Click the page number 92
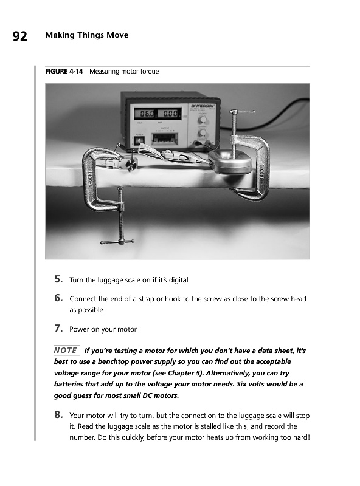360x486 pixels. (20, 36)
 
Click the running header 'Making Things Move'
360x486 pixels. (87, 35)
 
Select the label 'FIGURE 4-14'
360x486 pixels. (64, 71)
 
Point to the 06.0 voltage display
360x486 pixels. (145, 114)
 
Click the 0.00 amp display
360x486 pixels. (169, 114)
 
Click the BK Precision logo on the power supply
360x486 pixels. (202, 106)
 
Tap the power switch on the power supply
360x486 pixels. (139, 141)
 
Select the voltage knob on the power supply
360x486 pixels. (202, 120)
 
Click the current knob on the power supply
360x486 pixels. (202, 132)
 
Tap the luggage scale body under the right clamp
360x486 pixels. (230, 163)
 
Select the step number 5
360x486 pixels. (58, 279)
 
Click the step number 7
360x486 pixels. (58, 328)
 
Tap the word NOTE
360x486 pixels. (66, 351)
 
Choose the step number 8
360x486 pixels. (58, 414)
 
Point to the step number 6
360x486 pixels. (58, 298)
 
